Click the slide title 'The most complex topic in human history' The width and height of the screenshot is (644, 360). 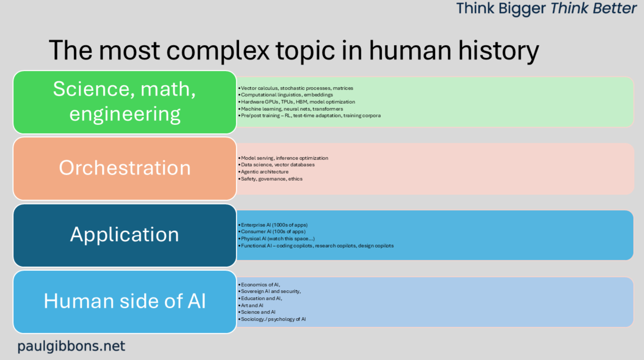pos(294,51)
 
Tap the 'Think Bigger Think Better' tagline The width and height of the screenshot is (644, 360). pos(546,8)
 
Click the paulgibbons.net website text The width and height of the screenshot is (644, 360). pos(71,346)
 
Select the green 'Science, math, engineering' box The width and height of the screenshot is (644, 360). pos(125,102)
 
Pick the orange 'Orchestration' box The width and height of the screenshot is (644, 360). pos(125,169)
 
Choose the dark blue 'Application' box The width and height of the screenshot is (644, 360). pos(125,235)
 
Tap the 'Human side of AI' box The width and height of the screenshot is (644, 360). pos(125,302)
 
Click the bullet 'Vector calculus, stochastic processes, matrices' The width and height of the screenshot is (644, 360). pos(296,88)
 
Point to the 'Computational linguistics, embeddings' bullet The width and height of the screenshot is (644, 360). pos(286,95)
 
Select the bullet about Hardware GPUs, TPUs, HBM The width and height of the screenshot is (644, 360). pos(297,102)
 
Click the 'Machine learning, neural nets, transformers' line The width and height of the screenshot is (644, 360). pos(291,109)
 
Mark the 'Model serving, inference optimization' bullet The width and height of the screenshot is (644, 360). pos(283,158)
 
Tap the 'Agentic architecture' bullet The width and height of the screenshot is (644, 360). pos(264,172)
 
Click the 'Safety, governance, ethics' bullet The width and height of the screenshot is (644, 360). pos(270,179)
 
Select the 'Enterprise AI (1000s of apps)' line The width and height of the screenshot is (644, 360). pos(273,225)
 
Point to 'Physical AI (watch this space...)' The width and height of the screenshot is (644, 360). pos(276,239)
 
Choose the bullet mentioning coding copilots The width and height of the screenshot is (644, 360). pos(316,246)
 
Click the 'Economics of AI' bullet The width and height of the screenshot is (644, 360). pos(259,285)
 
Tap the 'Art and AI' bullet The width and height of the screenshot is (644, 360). pos(251,306)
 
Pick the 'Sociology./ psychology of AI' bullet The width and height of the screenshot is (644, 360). pos(272,319)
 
